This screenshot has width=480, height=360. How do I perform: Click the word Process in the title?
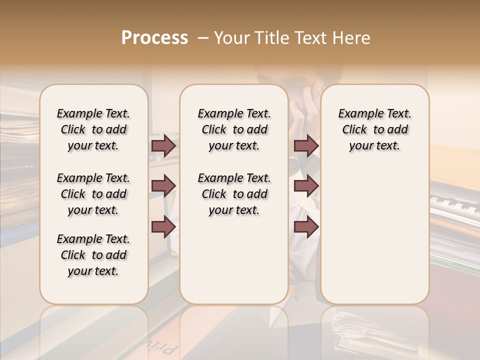point(154,38)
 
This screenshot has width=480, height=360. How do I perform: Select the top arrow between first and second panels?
point(163,145)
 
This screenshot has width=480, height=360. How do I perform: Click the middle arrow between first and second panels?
point(163,186)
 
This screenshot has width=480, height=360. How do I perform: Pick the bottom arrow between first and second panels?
point(163,226)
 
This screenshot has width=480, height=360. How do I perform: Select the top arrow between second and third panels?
point(306,145)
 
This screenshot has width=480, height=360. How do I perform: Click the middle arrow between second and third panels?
point(306,186)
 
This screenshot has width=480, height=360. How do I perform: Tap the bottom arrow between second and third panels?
point(306,226)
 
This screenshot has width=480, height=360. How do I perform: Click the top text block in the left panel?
point(93,129)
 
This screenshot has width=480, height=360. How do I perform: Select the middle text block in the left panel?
point(93,194)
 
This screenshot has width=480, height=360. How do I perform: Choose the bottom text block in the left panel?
point(93,255)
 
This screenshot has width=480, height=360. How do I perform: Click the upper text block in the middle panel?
point(234,129)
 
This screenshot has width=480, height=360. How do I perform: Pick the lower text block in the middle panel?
point(234,194)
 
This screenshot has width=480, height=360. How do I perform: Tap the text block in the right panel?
point(374,129)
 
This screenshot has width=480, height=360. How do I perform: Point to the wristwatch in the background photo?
point(293,163)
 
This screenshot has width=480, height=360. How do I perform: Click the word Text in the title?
point(311,38)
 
